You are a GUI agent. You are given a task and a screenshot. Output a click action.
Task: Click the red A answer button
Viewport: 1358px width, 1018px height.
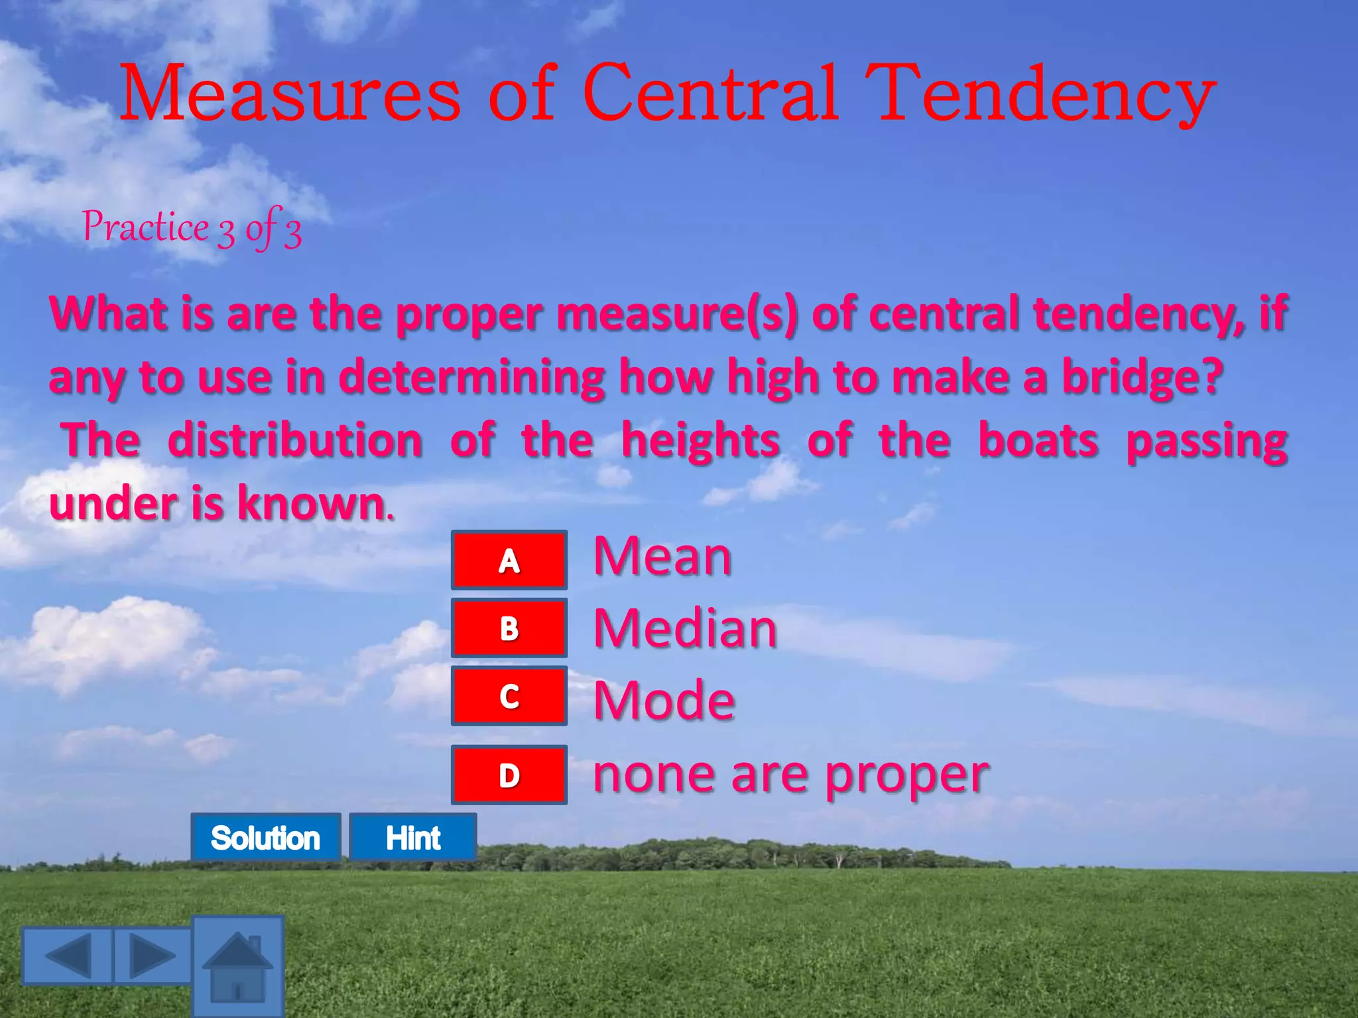[509, 560]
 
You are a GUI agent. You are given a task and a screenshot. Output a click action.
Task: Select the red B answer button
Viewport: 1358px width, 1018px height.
[509, 628]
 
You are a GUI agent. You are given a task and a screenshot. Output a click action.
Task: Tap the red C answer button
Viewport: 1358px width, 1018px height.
[509, 696]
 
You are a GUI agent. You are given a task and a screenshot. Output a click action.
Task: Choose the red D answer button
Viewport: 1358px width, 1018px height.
[509, 775]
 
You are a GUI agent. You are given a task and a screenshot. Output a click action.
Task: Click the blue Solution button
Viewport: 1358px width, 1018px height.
[265, 838]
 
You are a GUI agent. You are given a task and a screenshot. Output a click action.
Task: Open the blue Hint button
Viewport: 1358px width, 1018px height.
[413, 838]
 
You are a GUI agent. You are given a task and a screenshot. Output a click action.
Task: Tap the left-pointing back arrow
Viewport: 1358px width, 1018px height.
[67, 955]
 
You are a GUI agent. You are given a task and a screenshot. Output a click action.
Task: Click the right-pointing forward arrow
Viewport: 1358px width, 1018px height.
[153, 955]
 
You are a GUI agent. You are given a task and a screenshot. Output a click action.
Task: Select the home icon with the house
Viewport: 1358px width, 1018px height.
[238, 966]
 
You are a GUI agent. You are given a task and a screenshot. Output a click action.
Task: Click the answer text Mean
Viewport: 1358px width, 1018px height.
[662, 556]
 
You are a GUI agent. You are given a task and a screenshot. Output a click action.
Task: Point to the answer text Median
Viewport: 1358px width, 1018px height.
[685, 628]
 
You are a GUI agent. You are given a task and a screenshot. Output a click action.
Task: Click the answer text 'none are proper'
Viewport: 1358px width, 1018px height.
[790, 774]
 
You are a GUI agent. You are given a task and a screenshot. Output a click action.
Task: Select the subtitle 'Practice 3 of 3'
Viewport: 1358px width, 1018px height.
[192, 228]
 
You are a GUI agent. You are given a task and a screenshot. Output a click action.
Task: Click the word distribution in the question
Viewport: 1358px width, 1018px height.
[295, 441]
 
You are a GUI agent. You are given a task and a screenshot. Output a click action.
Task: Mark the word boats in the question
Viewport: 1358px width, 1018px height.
[1038, 441]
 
